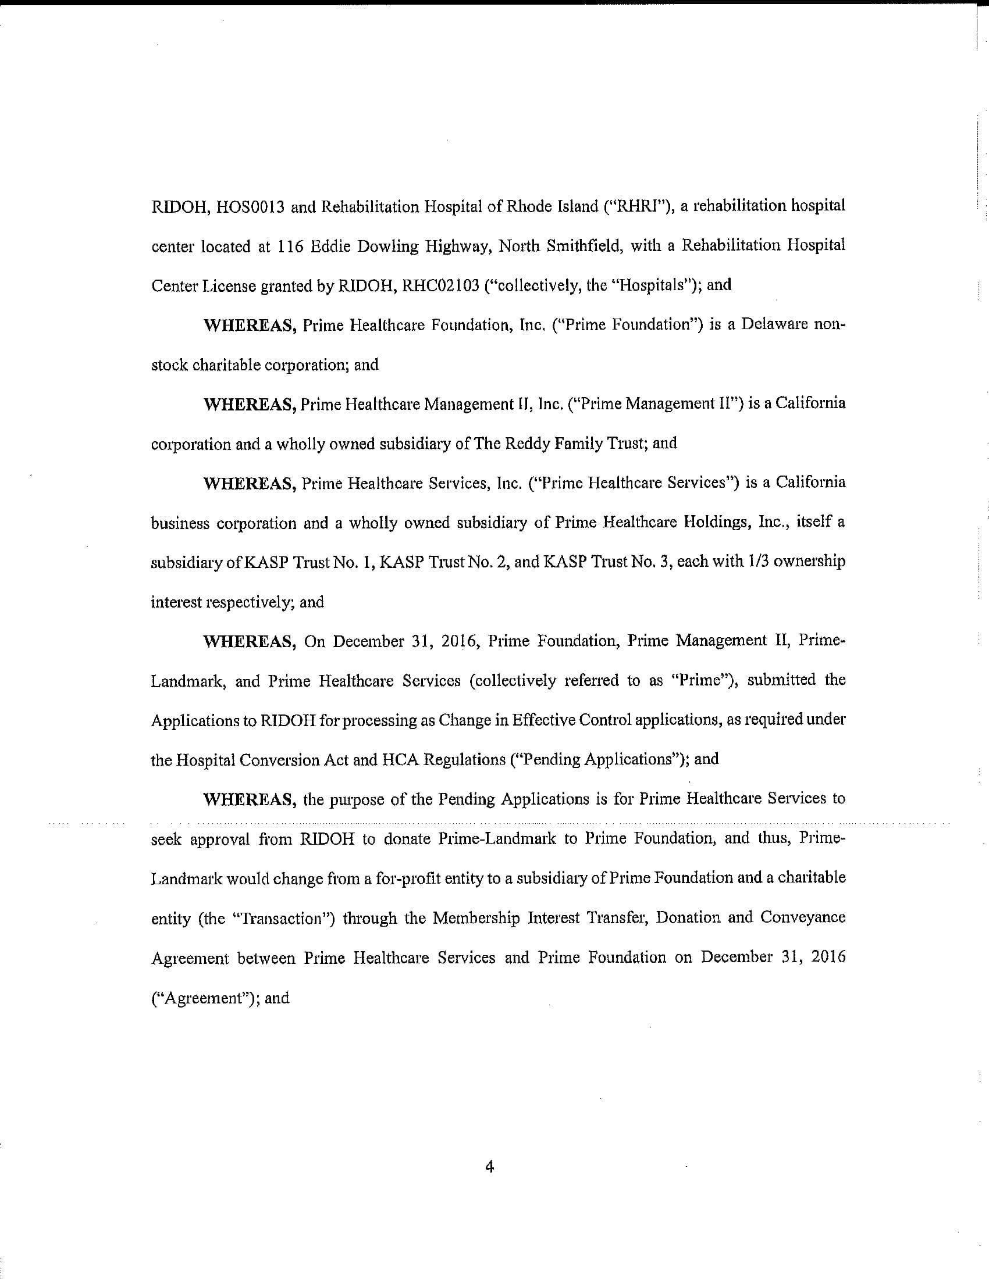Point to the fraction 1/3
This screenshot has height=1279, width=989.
(718, 562)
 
